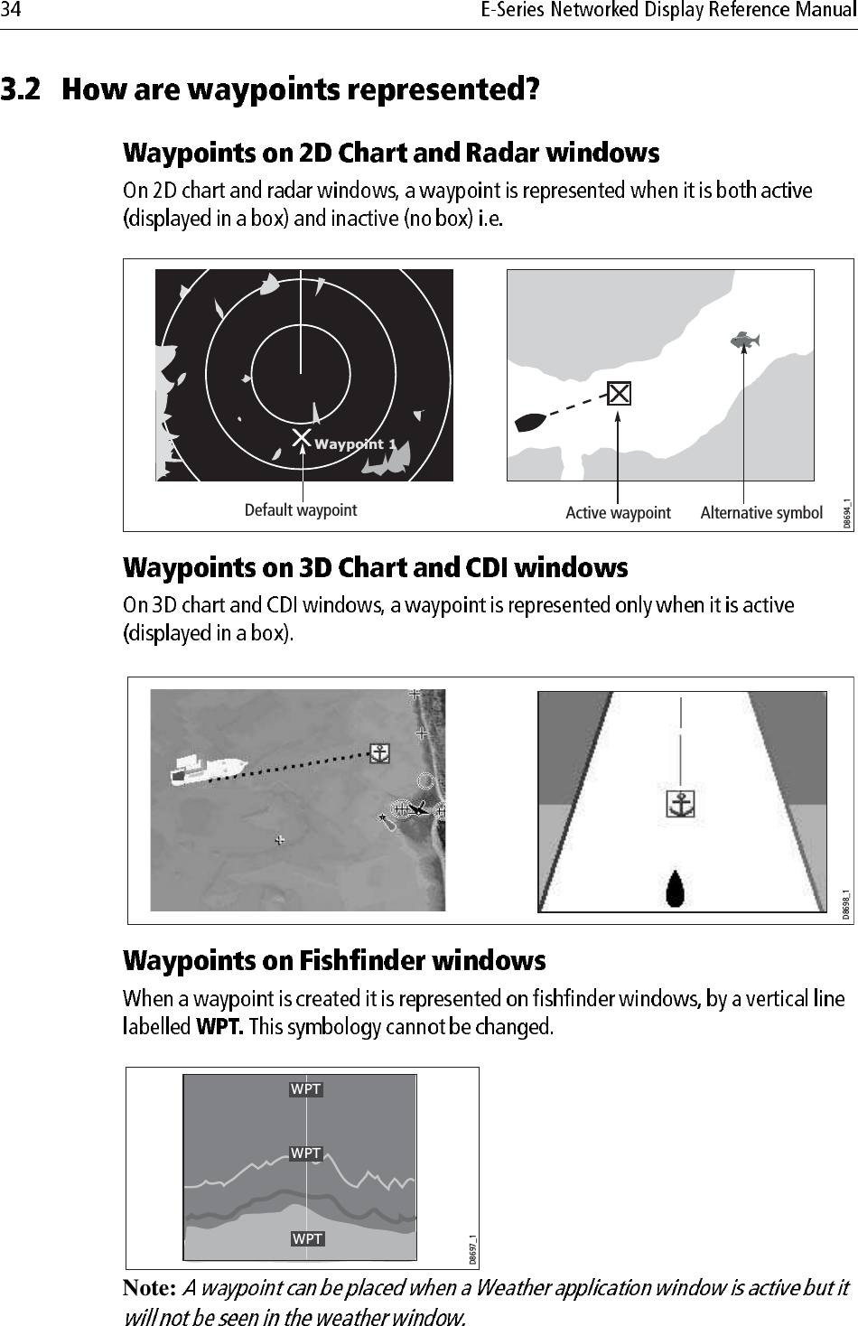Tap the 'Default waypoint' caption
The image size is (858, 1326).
tap(301, 510)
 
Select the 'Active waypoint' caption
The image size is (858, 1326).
tap(618, 513)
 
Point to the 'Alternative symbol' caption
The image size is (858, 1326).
tap(761, 513)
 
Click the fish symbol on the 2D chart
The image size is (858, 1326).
tap(744, 340)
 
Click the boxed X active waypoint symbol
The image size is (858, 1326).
tap(618, 394)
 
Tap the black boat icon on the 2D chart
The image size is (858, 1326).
tap(529, 422)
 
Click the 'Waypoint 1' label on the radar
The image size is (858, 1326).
tap(355, 444)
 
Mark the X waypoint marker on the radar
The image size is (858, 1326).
tap(301, 439)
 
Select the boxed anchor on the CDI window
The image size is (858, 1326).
tap(680, 803)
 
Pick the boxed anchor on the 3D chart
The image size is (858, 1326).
tap(380, 753)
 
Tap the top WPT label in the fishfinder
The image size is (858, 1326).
tap(306, 1089)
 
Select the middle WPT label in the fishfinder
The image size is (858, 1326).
tap(306, 1153)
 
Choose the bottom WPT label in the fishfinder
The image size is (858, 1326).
tap(307, 1238)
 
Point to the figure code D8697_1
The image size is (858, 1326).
tap(471, 1250)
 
